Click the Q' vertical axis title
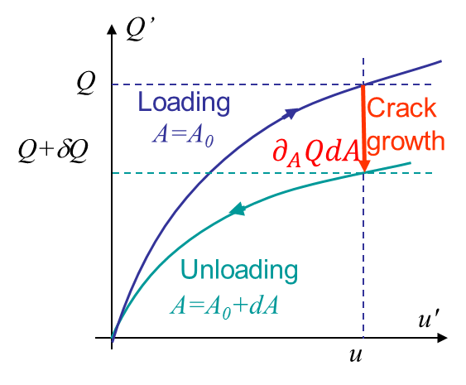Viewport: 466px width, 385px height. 139,30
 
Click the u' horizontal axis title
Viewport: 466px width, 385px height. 429,319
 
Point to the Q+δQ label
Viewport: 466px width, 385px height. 54,151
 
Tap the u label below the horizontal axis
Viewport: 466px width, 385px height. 356,355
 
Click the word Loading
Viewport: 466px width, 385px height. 185,103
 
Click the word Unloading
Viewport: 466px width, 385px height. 239,270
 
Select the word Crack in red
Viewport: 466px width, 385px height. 401,108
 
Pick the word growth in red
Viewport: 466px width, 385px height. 406,142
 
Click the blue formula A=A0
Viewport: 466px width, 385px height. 183,136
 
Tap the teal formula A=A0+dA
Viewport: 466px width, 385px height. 224,307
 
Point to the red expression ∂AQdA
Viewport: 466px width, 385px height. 316,152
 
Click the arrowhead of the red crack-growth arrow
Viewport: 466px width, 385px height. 363,166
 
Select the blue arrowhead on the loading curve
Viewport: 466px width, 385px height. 291,113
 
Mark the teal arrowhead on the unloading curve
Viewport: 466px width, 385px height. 238,209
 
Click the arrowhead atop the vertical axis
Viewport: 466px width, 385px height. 112,29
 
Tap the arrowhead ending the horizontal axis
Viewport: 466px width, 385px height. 443,338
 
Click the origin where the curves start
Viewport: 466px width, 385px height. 112,338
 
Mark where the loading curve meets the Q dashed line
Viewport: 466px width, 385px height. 363,84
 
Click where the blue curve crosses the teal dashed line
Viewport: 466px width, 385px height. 210,173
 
